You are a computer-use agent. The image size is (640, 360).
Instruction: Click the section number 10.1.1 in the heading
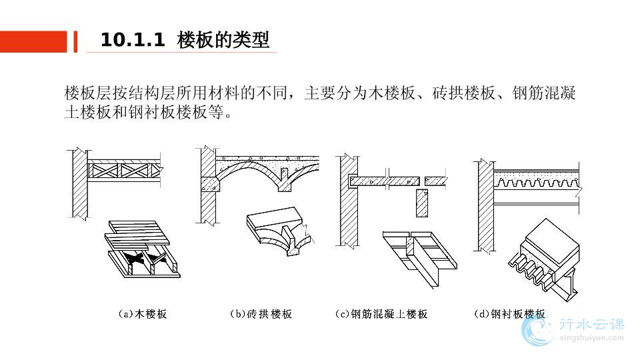(132, 41)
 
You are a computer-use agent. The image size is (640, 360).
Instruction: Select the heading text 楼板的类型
(223, 41)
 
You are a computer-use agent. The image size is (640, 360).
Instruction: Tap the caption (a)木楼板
(142, 313)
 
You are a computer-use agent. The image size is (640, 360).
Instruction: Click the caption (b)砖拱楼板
(261, 313)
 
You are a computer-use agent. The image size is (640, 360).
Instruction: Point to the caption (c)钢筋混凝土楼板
(381, 313)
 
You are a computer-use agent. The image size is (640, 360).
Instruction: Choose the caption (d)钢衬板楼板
(509, 313)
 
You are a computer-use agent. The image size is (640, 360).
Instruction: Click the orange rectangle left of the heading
(33, 41)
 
